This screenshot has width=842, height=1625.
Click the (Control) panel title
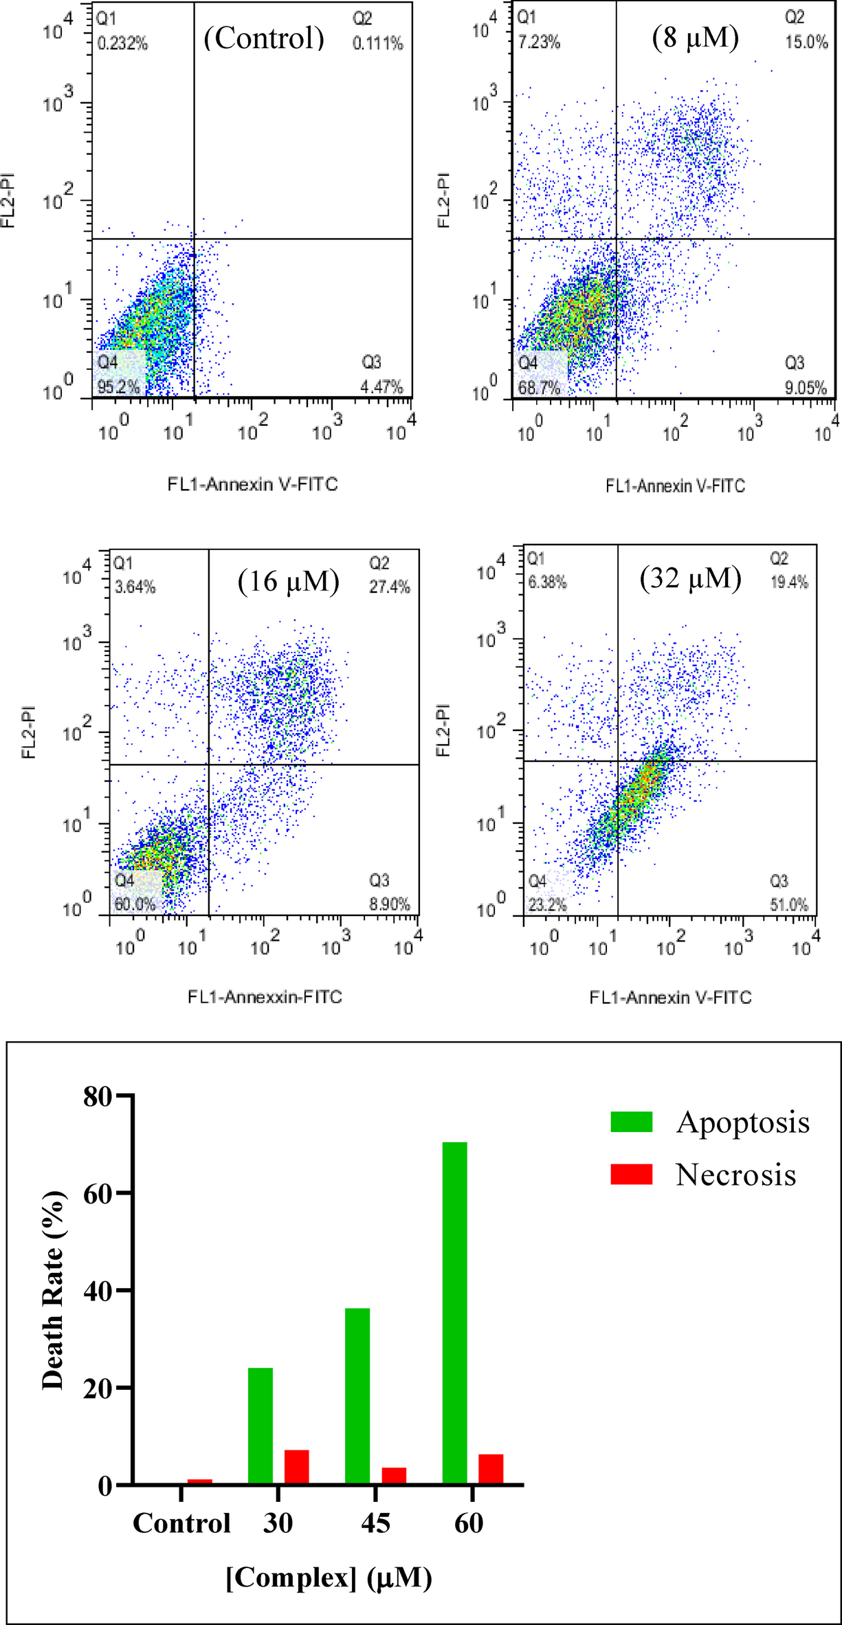point(264,38)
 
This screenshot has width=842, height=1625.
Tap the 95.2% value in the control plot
point(118,387)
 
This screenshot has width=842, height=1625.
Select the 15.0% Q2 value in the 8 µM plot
point(807,42)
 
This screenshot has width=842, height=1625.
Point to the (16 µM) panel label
point(289,581)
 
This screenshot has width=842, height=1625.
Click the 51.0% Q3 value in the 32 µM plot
point(788,905)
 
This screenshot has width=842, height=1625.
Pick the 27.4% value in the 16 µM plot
point(390,587)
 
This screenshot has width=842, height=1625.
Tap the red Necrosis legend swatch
point(631,1174)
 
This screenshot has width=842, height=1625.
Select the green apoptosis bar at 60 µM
point(454,1312)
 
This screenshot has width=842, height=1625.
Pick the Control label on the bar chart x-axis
point(181,1523)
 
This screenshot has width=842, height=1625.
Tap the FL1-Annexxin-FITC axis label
point(265,996)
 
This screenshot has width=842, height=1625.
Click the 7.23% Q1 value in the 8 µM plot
point(540,43)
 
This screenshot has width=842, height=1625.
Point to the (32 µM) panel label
point(690,578)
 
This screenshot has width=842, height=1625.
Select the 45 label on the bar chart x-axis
point(375,1523)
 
